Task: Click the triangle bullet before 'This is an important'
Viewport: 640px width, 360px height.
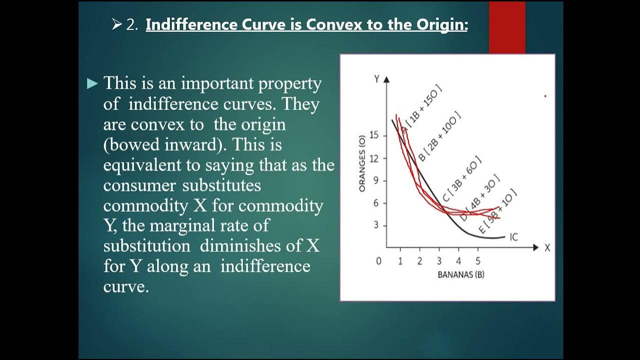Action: tap(92, 84)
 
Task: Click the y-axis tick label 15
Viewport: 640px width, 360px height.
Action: tap(373, 135)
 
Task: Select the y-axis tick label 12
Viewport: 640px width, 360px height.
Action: tap(373, 158)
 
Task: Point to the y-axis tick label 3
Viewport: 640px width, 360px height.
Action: tap(375, 225)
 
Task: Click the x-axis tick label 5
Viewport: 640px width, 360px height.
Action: tap(477, 261)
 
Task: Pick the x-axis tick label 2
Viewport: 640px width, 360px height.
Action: tap(420, 261)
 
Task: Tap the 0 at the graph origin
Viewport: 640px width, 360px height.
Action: tap(378, 261)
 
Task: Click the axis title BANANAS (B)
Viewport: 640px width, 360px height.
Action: tap(460, 274)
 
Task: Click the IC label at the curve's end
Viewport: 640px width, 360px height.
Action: tap(513, 237)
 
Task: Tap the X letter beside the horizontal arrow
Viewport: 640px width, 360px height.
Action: tap(547, 248)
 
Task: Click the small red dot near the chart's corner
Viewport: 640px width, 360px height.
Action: tap(545, 96)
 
